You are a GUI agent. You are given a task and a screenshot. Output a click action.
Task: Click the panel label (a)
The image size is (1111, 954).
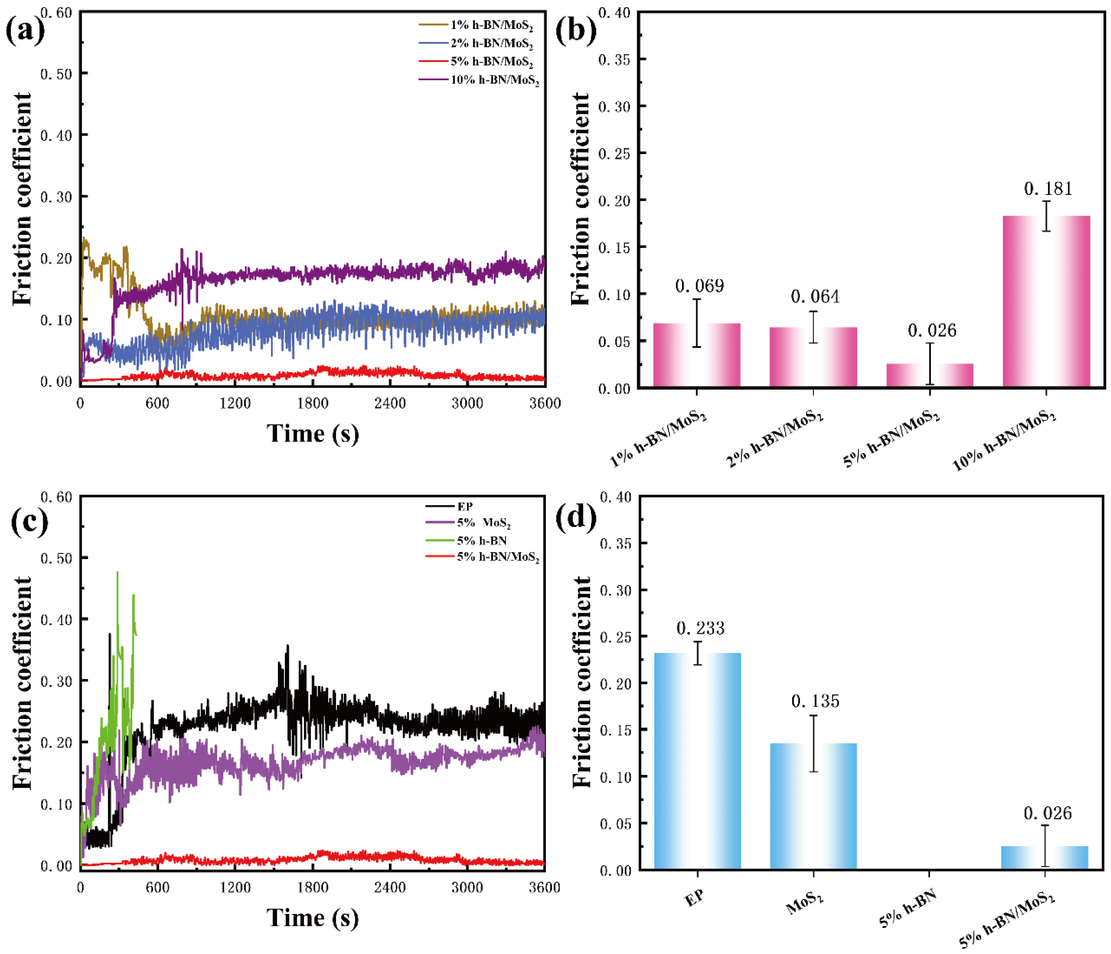(x=25, y=31)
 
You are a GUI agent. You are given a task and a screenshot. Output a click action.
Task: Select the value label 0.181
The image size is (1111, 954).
(x=1048, y=189)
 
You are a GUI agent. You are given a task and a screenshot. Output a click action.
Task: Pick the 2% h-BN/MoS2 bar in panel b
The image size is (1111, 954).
(x=813, y=357)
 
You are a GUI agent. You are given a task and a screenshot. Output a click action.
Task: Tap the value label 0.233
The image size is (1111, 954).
(x=700, y=628)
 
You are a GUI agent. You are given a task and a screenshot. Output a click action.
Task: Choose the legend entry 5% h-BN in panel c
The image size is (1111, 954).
(x=482, y=541)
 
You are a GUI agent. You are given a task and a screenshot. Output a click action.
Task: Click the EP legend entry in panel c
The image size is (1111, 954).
(x=464, y=506)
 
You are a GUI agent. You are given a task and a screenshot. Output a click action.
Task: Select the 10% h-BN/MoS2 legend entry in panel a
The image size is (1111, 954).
(x=494, y=80)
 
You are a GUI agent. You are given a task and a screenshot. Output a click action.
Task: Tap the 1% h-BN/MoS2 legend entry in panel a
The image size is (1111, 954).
(x=491, y=25)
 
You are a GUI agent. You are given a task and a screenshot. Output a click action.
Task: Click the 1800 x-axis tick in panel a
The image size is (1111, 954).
(x=313, y=403)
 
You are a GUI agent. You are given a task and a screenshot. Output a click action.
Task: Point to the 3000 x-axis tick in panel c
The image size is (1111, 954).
(x=467, y=887)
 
